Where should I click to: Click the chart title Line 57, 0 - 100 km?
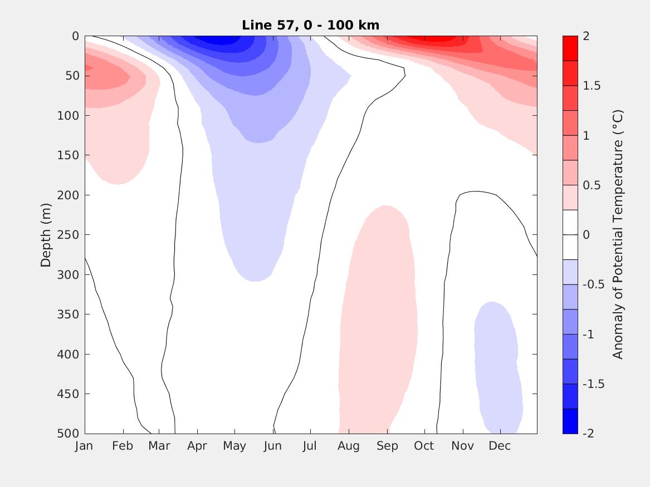[x=311, y=25]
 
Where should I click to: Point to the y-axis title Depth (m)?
[x=46, y=235]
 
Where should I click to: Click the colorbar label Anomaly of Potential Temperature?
[x=617, y=235]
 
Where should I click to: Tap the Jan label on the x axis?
[x=84, y=446]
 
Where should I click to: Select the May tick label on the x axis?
[x=234, y=446]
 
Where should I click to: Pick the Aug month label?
[x=349, y=446]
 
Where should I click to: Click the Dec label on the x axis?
[x=500, y=446]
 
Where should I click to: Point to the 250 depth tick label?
[x=67, y=235]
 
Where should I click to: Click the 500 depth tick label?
[x=67, y=434]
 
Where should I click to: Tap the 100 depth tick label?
[x=67, y=116]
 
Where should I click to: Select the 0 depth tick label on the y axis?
[x=75, y=36]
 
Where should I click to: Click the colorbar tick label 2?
[x=585, y=36]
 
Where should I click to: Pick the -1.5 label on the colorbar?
[x=593, y=384]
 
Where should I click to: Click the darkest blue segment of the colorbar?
[x=570, y=421]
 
